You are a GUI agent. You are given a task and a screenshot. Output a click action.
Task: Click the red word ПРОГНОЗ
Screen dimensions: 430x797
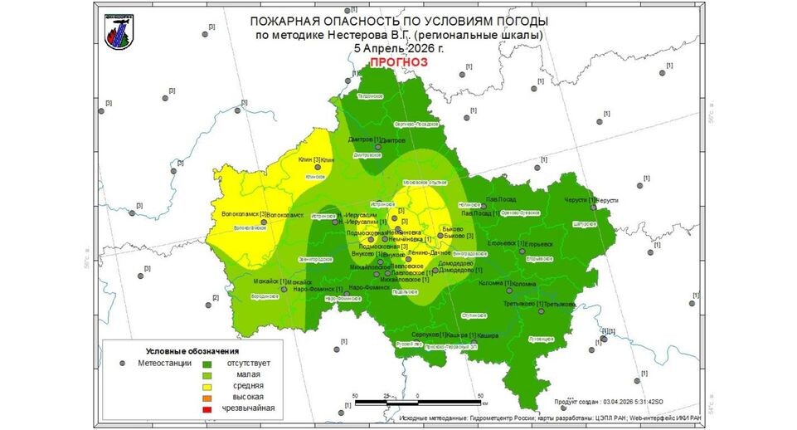pos(398,62)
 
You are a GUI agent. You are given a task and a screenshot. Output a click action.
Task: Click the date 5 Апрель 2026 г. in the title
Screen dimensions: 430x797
pos(398,48)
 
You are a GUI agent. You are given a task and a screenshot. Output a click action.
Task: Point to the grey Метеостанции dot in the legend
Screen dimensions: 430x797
pos(123,363)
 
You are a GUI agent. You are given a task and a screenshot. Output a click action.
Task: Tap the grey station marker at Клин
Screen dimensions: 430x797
pos(316,169)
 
